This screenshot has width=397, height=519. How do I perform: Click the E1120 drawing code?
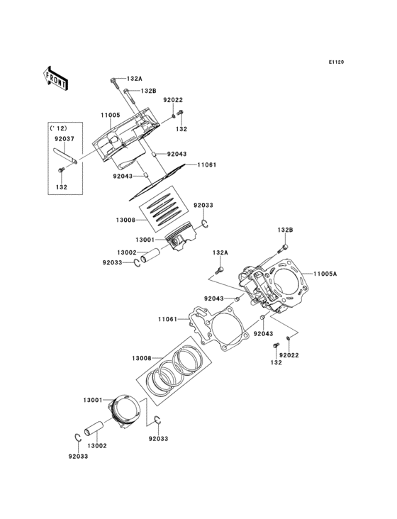pos(336,62)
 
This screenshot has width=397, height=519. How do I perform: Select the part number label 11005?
pos(110,114)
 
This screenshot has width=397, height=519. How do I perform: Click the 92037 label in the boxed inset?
pos(65,140)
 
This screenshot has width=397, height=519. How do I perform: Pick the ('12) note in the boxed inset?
pos(56,128)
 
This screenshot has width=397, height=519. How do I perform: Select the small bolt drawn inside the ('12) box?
pos(62,170)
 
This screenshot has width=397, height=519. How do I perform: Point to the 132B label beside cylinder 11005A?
pos(285,230)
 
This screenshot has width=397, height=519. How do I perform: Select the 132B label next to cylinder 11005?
pos(147,91)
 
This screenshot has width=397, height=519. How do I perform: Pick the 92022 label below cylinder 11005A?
pos(289,355)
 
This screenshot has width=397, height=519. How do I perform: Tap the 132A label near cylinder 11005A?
pos(220,252)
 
